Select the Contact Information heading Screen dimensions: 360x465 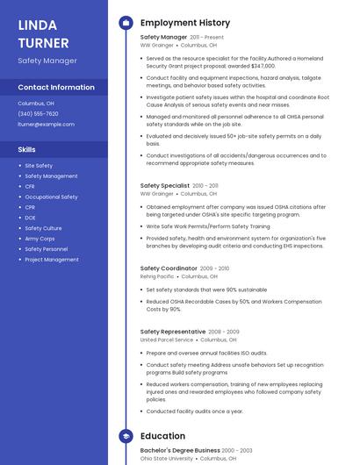(x=56, y=87)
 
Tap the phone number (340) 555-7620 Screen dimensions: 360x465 (x=39, y=114)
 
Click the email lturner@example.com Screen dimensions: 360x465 (x=47, y=125)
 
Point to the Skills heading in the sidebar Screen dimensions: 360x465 (x=27, y=149)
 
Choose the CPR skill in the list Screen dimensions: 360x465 (x=30, y=207)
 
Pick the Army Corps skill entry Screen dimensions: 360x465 (x=40, y=239)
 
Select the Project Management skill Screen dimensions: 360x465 (x=52, y=260)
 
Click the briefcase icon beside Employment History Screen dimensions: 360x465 (x=126, y=22)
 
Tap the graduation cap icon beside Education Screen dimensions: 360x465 (x=126, y=436)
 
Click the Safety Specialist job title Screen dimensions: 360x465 (x=164, y=186)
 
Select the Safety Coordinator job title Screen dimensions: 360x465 (x=169, y=268)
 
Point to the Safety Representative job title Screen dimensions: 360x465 (x=173, y=332)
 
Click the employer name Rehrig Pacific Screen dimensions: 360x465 (x=157, y=276)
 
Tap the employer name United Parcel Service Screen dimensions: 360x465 (x=167, y=340)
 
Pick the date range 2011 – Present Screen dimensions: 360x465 (x=206, y=38)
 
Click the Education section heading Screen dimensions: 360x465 (x=162, y=436)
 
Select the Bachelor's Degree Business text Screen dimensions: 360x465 (x=180, y=450)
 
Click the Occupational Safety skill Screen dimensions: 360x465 (x=51, y=197)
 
